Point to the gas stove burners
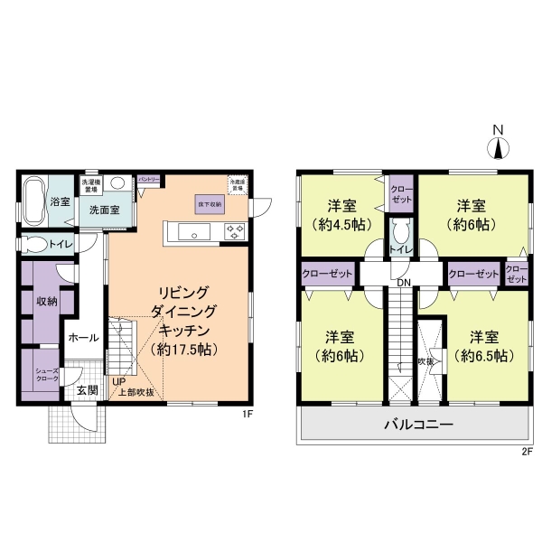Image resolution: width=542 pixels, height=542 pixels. click(x=237, y=230)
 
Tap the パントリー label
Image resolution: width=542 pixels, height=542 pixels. click(x=148, y=180)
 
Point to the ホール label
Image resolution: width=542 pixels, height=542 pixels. click(x=79, y=339)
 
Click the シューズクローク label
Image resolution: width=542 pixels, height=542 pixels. click(x=48, y=373)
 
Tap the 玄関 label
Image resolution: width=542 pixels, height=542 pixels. click(x=87, y=390)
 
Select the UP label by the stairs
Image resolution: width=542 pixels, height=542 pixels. click(x=118, y=381)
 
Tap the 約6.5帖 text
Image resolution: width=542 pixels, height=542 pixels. click(x=485, y=355)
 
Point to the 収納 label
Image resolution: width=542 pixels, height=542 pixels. click(x=47, y=301)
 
